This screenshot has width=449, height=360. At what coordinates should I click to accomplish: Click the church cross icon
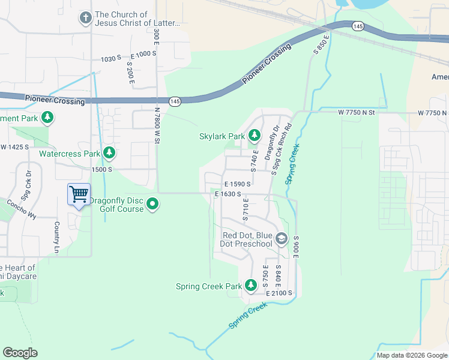coord(86,19)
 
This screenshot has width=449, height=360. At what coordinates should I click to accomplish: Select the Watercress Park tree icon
coord(109,153)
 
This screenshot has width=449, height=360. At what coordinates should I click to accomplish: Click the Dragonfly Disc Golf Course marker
coord(153,204)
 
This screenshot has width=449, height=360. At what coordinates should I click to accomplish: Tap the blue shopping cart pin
coord(79,194)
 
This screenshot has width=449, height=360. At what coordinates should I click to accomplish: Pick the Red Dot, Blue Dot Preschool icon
coord(281,240)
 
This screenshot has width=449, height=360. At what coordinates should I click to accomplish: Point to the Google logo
coord(20,353)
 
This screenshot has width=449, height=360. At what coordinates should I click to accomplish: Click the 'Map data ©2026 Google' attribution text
coord(412,355)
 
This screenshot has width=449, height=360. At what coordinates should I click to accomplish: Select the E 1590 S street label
coord(237,184)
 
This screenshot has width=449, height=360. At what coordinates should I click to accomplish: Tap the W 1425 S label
coord(14,147)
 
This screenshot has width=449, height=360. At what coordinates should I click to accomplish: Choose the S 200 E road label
coord(130,73)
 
